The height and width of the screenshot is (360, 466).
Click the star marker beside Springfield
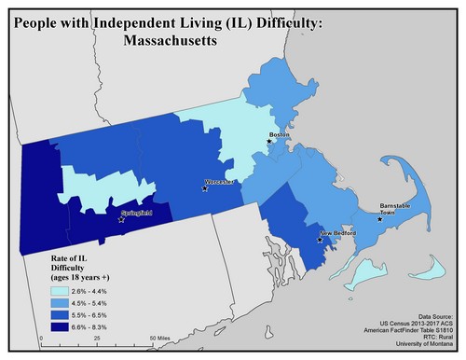pos(121,220)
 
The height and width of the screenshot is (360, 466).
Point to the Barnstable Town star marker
pos(378,220)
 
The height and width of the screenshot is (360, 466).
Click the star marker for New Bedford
pos(320,240)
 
